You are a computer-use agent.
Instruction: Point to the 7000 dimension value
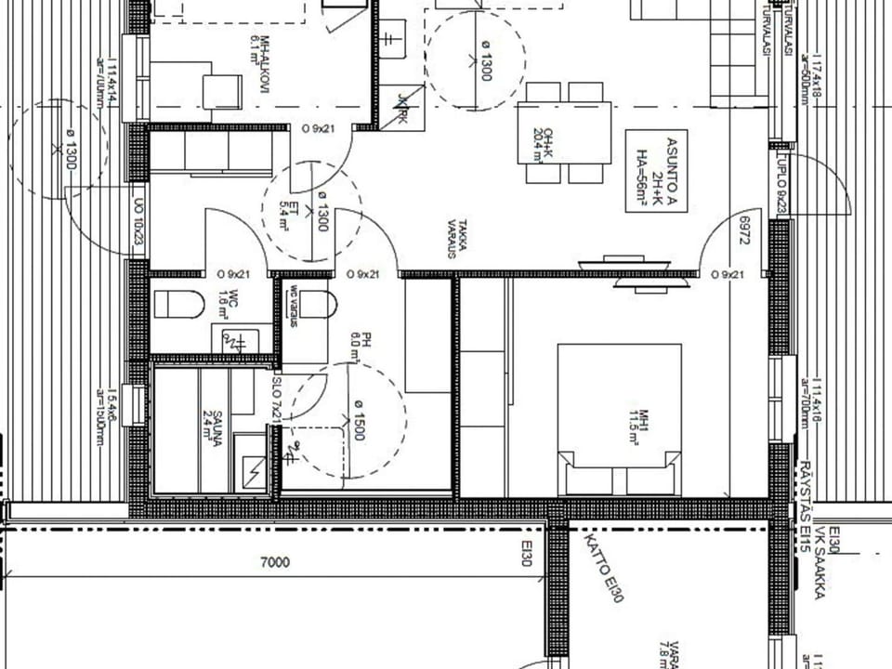(x=275, y=562)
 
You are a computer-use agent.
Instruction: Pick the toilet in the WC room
(x=178, y=304)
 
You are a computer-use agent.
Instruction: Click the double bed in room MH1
(x=619, y=419)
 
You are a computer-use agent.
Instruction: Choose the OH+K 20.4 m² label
(x=536, y=144)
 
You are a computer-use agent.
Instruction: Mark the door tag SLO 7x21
(x=276, y=400)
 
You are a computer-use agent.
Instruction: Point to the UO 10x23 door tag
(x=139, y=223)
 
